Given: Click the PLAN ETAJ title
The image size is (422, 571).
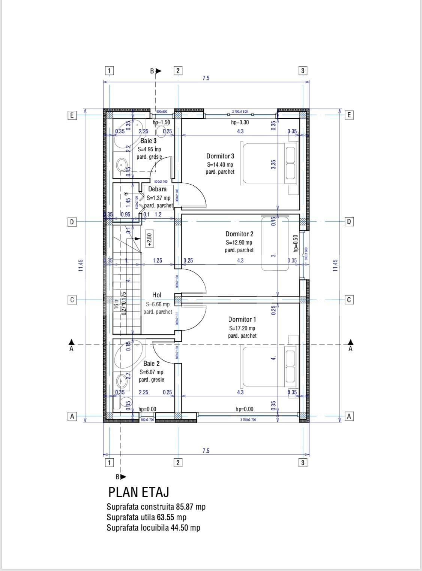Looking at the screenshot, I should tap(138, 492).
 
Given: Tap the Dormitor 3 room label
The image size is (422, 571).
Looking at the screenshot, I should tap(220, 156).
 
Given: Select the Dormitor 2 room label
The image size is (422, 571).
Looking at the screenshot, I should tap(239, 234).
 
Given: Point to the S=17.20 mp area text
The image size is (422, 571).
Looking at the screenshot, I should tap(242, 328).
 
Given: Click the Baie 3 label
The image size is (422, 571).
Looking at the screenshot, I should tap(149, 141).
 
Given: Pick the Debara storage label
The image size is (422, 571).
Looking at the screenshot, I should tap(157, 189).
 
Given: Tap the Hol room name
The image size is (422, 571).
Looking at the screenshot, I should tap(157, 295).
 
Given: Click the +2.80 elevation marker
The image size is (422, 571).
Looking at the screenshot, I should tap(149, 240).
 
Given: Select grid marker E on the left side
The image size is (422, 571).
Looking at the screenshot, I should tap(72, 115).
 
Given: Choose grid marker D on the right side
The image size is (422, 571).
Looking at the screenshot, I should tap(349, 222).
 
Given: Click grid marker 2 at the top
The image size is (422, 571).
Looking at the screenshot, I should tap(178, 70).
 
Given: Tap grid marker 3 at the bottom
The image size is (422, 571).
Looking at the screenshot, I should tap(302, 462).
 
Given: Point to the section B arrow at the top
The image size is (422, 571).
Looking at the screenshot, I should tap(158, 71).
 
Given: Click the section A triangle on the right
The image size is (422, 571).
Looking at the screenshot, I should tap(350, 342).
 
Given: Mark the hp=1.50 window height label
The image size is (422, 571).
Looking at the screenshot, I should tap(161, 122).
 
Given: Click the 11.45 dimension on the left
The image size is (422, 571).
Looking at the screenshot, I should tap(81, 265).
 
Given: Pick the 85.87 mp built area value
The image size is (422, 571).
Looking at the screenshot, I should tap(191, 507).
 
